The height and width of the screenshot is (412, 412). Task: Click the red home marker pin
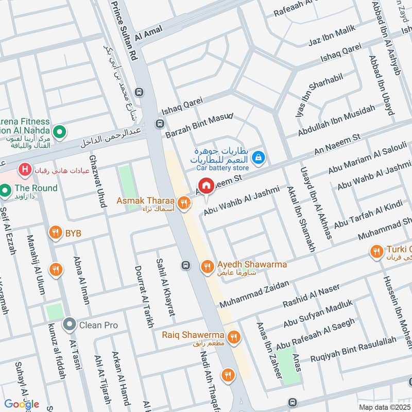206,186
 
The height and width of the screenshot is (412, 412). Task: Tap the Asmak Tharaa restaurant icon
183,204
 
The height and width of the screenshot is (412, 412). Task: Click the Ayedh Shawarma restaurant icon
207,266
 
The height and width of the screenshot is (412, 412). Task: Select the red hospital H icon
23,168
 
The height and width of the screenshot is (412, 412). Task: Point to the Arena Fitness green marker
59,133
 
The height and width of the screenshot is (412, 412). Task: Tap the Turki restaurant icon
376,251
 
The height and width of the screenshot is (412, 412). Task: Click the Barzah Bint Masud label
199,126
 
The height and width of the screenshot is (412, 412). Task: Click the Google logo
22,404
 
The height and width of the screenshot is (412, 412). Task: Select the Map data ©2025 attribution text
385,407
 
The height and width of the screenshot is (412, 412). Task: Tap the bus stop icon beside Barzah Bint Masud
160,124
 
